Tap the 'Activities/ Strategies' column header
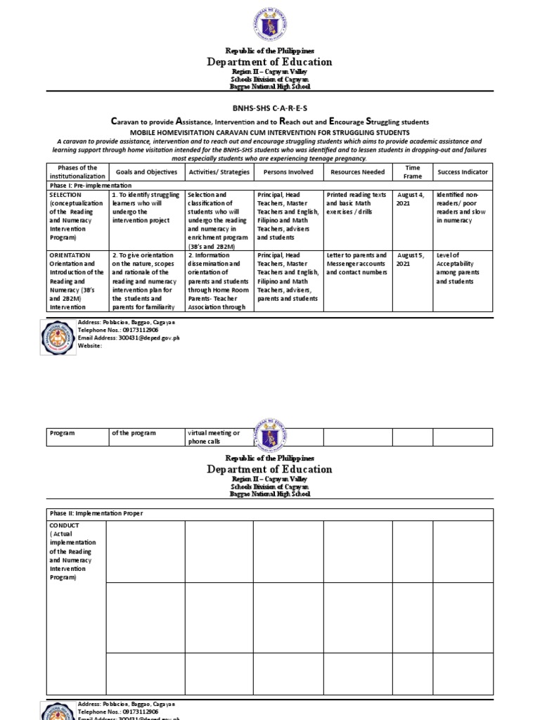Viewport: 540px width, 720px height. click(x=217, y=172)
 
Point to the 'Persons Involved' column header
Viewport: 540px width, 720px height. click(x=287, y=172)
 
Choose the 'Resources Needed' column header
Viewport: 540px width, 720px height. click(x=357, y=172)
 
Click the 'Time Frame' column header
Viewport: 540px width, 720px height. click(x=412, y=172)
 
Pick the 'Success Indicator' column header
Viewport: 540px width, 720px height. click(x=463, y=172)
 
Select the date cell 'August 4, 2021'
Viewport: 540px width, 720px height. click(x=411, y=198)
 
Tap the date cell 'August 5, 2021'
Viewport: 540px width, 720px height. click(x=411, y=259)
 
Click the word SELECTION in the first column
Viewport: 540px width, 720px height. click(x=65, y=194)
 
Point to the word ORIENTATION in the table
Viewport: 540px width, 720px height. click(x=70, y=255)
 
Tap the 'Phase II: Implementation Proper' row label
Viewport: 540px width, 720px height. click(x=96, y=513)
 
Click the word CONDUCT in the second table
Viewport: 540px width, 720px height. click(x=64, y=525)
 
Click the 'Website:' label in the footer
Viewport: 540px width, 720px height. click(x=92, y=346)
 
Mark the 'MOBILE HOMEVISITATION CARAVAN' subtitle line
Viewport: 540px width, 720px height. click(x=270, y=132)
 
